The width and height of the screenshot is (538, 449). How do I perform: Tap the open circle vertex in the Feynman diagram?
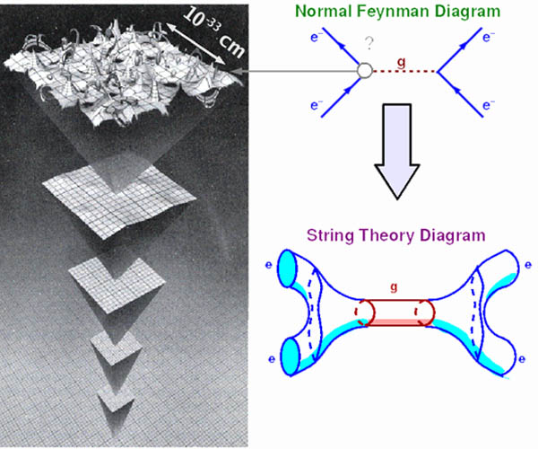364,71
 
